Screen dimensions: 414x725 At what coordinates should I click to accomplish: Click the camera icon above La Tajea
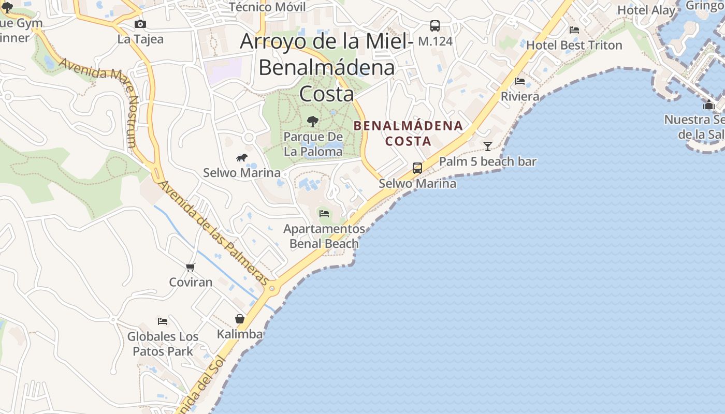(x=140, y=24)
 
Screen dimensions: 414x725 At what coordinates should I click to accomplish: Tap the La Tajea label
(x=140, y=39)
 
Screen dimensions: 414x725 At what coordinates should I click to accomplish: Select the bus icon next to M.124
(x=435, y=26)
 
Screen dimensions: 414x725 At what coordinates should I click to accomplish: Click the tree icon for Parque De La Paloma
(x=312, y=122)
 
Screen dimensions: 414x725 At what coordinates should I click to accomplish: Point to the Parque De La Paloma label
(x=313, y=144)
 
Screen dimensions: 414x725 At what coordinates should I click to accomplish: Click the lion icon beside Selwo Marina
(x=242, y=157)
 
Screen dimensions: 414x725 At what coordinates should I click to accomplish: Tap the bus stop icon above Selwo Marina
(x=417, y=168)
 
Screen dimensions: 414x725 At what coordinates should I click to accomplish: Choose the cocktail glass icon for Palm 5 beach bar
(x=487, y=146)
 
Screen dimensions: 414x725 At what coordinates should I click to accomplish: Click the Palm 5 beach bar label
(x=488, y=161)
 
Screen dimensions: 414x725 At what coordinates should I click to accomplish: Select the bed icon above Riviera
(x=520, y=81)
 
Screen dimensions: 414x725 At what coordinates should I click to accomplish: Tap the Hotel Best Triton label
(x=574, y=45)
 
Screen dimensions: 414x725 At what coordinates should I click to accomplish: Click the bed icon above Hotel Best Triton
(x=574, y=30)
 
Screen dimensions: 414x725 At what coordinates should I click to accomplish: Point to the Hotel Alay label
(x=646, y=10)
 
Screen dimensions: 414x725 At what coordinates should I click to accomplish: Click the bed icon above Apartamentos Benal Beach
(x=324, y=213)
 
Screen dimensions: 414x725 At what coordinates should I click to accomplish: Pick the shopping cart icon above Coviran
(x=191, y=267)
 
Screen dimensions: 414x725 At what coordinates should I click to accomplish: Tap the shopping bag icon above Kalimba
(x=240, y=319)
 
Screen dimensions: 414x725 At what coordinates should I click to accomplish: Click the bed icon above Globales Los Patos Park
(x=163, y=321)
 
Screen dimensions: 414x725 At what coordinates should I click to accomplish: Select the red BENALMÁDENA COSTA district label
(x=409, y=133)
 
